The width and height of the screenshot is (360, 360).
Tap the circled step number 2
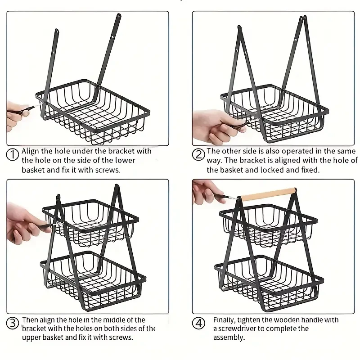pos(198,155)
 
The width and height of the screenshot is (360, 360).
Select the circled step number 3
pos(13,323)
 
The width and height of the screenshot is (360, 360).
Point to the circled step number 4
pos(198,323)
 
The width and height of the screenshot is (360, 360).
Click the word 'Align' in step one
pos(30,151)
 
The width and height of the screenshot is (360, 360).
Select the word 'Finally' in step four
pos(224,320)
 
